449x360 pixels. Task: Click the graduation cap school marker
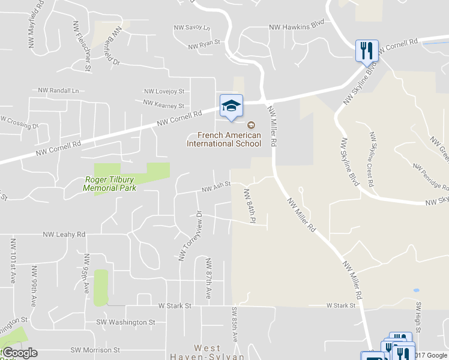[x=231, y=107]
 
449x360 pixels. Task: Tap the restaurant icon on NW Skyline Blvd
[x=366, y=50]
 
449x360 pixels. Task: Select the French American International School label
[x=223, y=139]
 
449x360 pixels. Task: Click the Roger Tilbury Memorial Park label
[x=110, y=183]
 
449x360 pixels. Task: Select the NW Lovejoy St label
[x=163, y=91]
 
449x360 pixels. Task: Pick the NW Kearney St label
[x=163, y=104]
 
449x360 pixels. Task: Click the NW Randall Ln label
[x=58, y=91]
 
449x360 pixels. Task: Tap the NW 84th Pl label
[x=249, y=206]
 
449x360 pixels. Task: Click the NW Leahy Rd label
[x=65, y=235]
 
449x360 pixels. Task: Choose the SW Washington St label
[x=125, y=322]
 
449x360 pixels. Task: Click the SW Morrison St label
[x=95, y=350]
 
